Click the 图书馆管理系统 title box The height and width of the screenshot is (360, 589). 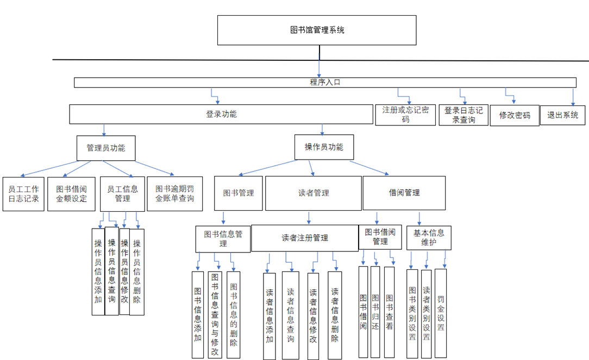pyautogui.click(x=317, y=30)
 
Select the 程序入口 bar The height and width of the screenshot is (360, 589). pyautogui.click(x=325, y=83)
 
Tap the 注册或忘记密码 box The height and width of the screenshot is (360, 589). pyautogui.click(x=405, y=115)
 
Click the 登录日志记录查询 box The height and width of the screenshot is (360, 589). pyautogui.click(x=463, y=115)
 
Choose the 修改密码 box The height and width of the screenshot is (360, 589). pyautogui.click(x=514, y=116)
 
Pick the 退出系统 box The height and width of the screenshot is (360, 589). pyautogui.click(x=562, y=115)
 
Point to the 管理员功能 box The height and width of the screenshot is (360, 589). pyautogui.click(x=105, y=148)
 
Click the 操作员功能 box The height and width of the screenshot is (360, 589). pyautogui.click(x=324, y=147)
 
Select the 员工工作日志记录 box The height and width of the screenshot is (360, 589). pyautogui.click(x=23, y=194)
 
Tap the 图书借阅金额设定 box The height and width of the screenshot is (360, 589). pyautogui.click(x=71, y=194)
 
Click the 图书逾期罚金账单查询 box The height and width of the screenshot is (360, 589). pyautogui.click(x=174, y=194)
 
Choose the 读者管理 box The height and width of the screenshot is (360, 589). pyautogui.click(x=314, y=193)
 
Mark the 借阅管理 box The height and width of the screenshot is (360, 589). pyautogui.click(x=404, y=193)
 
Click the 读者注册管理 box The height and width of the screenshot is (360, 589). pyautogui.click(x=305, y=238)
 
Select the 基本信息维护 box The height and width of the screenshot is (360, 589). pyautogui.click(x=429, y=238)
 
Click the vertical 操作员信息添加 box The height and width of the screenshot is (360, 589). pyautogui.click(x=98, y=270)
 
